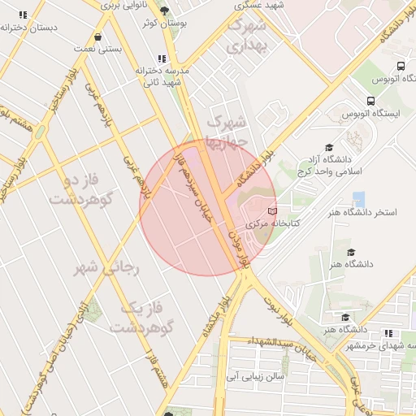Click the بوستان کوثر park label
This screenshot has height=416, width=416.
[x=165, y=24]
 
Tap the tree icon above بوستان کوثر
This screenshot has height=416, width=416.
[x=165, y=11]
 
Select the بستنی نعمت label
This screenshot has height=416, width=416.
[x=98, y=49]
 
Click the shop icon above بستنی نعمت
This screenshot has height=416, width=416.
[x=98, y=37]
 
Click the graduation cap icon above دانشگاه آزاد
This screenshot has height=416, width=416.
[x=329, y=147]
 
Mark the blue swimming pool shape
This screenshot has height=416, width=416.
[x=358, y=199]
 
